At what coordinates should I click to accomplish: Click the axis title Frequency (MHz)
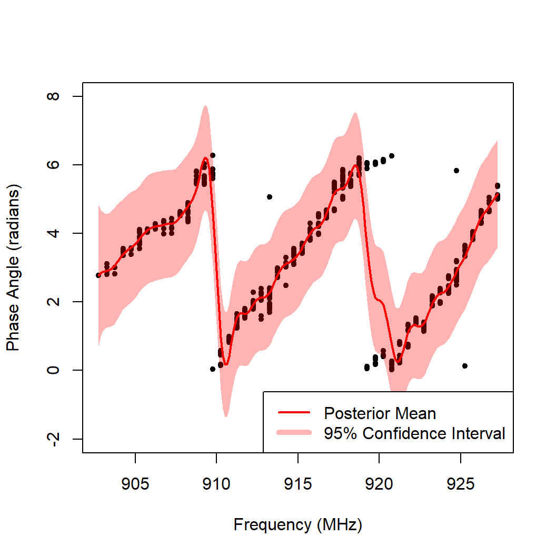click(298, 525)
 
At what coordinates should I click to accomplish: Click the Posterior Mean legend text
click(380, 413)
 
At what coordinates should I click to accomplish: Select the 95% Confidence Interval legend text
click(415, 433)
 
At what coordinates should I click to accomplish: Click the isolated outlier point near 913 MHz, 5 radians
click(270, 197)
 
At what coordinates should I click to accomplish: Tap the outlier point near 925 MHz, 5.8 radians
click(456, 171)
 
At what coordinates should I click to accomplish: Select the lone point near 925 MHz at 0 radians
click(465, 366)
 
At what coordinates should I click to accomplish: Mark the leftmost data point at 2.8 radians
click(98, 275)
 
